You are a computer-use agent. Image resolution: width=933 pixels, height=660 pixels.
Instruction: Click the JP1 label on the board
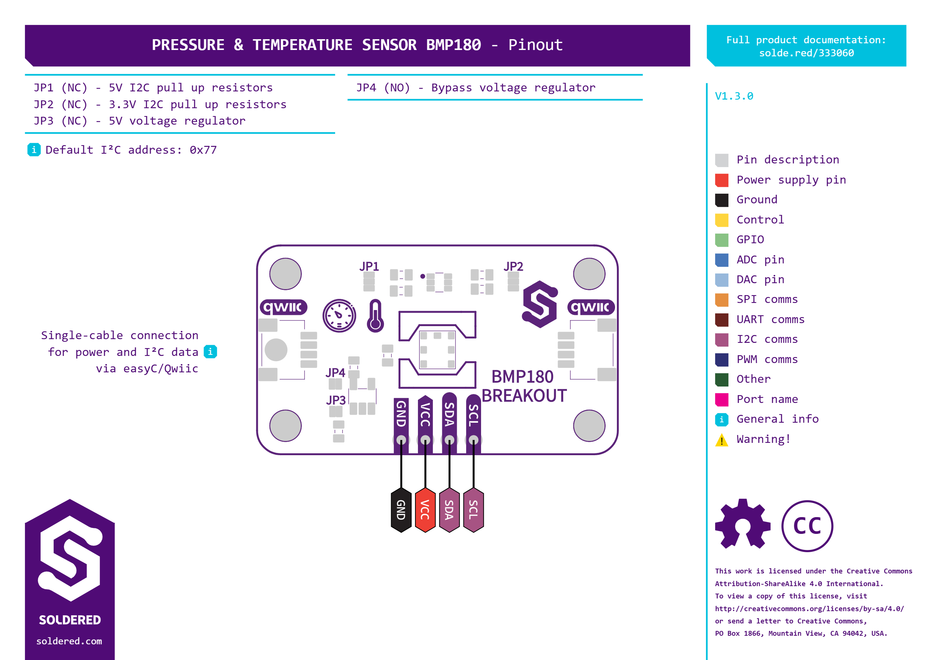(369, 267)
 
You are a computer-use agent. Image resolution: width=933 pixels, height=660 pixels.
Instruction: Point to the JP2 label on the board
(513, 267)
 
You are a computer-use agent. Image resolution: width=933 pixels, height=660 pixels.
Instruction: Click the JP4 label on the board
(336, 373)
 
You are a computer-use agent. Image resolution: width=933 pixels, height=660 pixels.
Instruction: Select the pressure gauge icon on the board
(339, 316)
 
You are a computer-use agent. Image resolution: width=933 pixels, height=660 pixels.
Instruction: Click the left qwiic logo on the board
(283, 307)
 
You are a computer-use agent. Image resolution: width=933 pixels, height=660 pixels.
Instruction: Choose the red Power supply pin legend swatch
(722, 180)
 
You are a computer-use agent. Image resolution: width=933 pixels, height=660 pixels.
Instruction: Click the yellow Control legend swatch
(722, 220)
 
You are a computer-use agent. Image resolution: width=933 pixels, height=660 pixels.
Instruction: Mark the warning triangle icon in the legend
(722, 440)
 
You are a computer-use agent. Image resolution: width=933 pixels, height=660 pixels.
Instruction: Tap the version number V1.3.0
(734, 96)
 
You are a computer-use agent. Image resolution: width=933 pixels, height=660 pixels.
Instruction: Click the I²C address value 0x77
(203, 150)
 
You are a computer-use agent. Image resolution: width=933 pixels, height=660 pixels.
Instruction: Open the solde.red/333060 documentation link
(806, 53)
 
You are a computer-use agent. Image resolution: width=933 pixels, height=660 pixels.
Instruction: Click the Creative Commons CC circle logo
(807, 526)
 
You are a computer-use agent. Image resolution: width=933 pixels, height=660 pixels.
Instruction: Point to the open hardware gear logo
(743, 524)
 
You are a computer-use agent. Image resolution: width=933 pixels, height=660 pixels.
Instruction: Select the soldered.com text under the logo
(69, 641)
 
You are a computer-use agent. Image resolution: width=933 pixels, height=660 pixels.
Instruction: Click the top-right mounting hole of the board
(589, 274)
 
